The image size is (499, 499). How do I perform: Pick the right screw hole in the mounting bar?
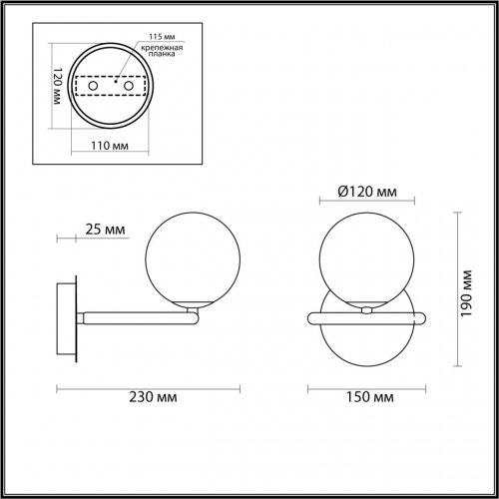(x=130, y=88)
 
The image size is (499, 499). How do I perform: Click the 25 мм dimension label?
(x=105, y=232)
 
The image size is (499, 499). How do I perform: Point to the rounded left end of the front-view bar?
(x=310, y=316)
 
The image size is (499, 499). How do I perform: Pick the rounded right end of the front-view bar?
(x=426, y=316)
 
